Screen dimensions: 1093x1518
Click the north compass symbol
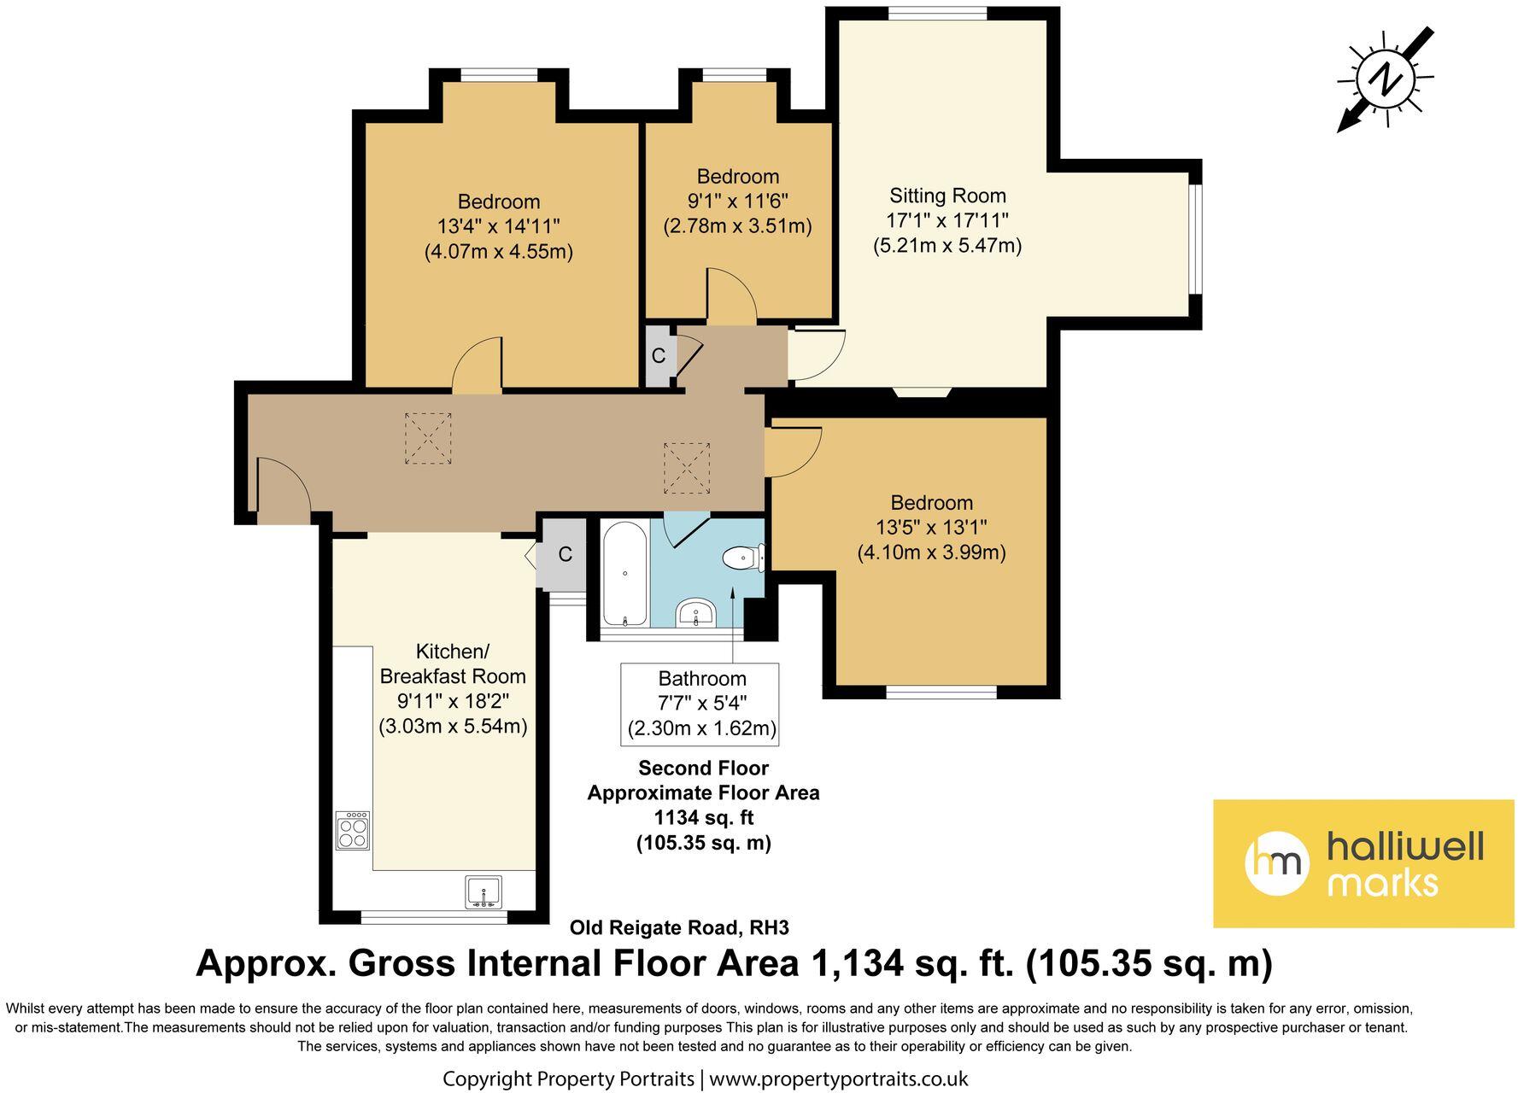(x=1385, y=79)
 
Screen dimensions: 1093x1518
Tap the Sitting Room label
(x=947, y=195)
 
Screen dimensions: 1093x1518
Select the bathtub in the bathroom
(x=626, y=573)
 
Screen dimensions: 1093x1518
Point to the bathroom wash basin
(x=696, y=612)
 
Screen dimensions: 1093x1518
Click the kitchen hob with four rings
(x=353, y=830)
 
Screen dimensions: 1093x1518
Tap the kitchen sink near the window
(x=484, y=891)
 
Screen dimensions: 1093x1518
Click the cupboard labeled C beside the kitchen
(x=564, y=555)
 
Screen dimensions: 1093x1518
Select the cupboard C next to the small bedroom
(x=659, y=355)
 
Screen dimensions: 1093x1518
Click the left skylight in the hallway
(x=427, y=438)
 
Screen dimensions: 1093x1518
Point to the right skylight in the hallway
(x=687, y=467)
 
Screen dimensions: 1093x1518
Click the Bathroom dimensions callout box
(x=700, y=704)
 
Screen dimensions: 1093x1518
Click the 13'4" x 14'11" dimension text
(x=498, y=227)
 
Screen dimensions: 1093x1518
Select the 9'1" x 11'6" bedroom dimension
(x=737, y=202)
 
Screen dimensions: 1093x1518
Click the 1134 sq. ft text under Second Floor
(x=703, y=817)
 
